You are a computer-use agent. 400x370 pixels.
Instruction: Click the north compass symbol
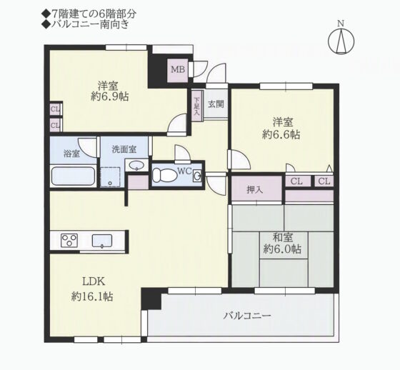pyautogui.click(x=341, y=41)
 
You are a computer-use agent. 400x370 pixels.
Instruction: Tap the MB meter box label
pyautogui.click(x=178, y=69)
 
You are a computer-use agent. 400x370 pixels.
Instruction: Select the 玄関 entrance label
pyautogui.click(x=216, y=104)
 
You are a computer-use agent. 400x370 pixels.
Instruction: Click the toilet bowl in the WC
pyautogui.click(x=165, y=175)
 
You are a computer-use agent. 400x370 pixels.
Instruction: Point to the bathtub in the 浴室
pyautogui.click(x=73, y=176)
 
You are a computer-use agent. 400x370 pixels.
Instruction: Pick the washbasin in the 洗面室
pyautogui.click(x=136, y=165)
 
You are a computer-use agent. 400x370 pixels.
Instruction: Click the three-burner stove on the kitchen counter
pyautogui.click(x=69, y=241)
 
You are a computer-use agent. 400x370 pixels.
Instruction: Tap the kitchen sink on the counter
pyautogui.click(x=101, y=241)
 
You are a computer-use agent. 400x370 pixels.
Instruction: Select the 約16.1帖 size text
pyautogui.click(x=92, y=296)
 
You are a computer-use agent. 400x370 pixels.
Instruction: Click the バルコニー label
pyautogui.click(x=247, y=316)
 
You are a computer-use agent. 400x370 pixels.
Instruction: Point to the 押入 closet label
pyautogui.click(x=255, y=190)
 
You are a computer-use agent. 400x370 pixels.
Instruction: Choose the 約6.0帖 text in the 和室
pyautogui.click(x=282, y=249)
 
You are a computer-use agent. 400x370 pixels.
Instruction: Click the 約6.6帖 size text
pyautogui.click(x=281, y=134)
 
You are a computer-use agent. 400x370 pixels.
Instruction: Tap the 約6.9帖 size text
pyautogui.click(x=110, y=96)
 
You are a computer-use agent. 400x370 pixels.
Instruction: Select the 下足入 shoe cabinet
pyautogui.click(x=196, y=106)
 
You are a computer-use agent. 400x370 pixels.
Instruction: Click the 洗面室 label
pyautogui.click(x=124, y=149)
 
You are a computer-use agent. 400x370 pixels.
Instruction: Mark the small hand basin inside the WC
pyautogui.click(x=196, y=176)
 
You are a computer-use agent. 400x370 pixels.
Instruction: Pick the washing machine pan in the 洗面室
pyautogui.click(x=110, y=177)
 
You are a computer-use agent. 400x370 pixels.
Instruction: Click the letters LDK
pyautogui.click(x=94, y=282)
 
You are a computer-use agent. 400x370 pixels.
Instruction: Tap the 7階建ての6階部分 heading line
pyautogui.click(x=89, y=14)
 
